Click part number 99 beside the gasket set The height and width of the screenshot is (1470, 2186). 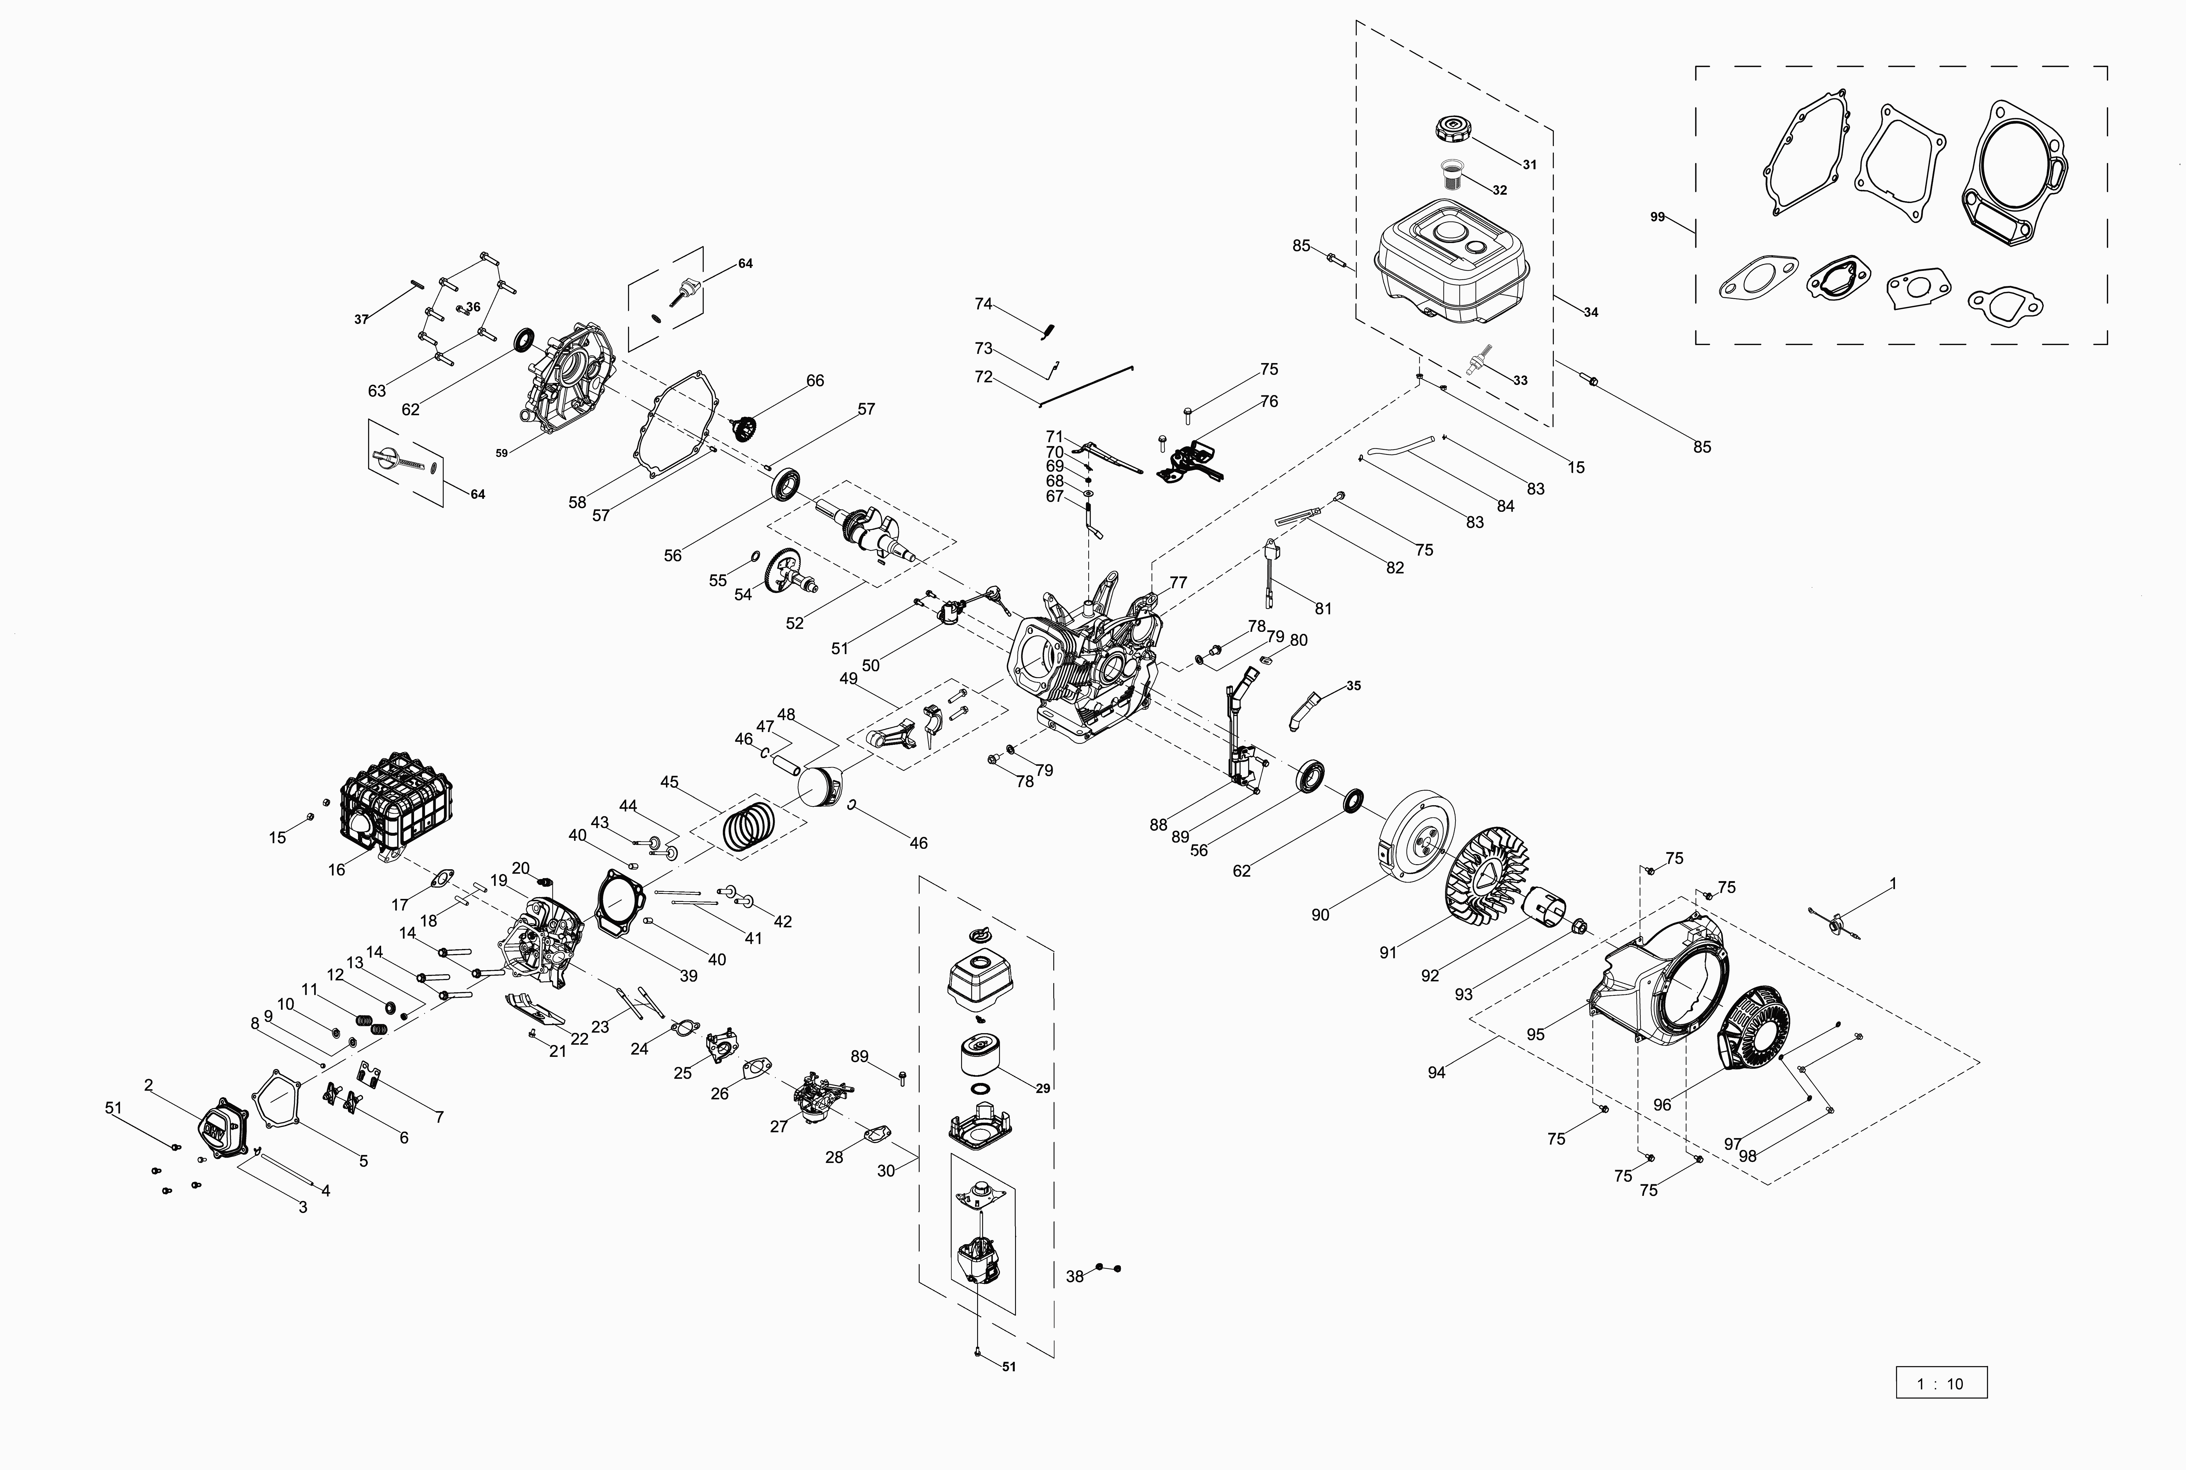click(1657, 218)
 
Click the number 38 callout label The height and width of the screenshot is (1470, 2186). click(1074, 1276)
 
